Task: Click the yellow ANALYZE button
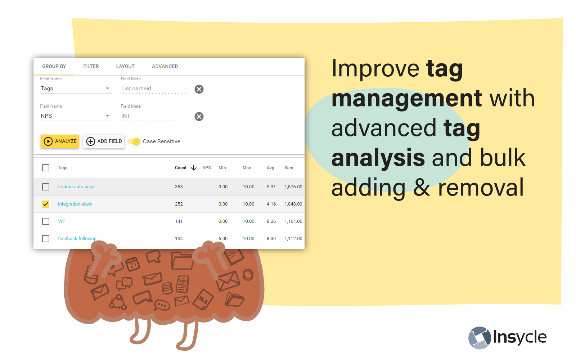[60, 141]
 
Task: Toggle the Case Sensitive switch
[134, 141]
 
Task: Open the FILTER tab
[91, 66]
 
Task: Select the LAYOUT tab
[125, 66]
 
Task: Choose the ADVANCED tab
[165, 66]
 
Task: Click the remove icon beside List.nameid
[199, 89]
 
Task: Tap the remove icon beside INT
[199, 117]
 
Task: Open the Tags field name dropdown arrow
[108, 89]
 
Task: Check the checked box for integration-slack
[46, 204]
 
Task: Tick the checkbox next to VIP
[46, 221]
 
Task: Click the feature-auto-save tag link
[76, 187]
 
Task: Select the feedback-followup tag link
[77, 239]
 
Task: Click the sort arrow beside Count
[194, 168]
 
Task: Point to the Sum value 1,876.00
[293, 187]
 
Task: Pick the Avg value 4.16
[271, 204]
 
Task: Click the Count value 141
[179, 221]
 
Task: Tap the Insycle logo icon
[480, 338]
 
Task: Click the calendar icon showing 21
[133, 264]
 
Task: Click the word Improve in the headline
[376, 68]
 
